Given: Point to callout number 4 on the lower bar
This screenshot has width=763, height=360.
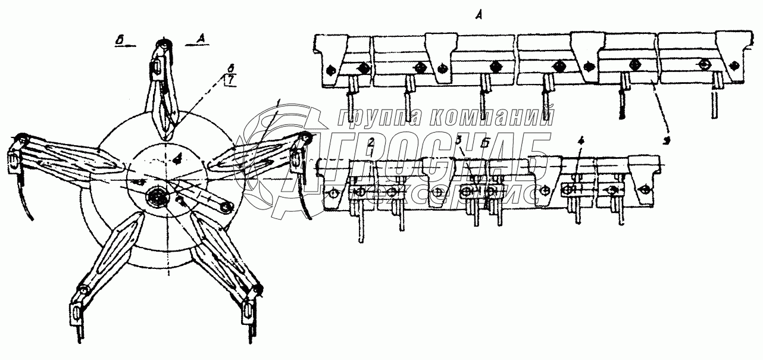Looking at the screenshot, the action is [x=581, y=142].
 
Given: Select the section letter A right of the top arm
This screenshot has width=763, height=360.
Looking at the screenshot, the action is [x=201, y=40].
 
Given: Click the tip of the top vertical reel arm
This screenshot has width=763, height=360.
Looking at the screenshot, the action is [x=162, y=45].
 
